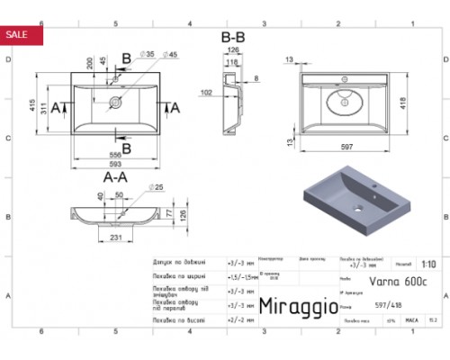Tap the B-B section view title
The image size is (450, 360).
pyautogui.click(x=233, y=37)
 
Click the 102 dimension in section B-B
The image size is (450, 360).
pyautogui.click(x=207, y=92)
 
